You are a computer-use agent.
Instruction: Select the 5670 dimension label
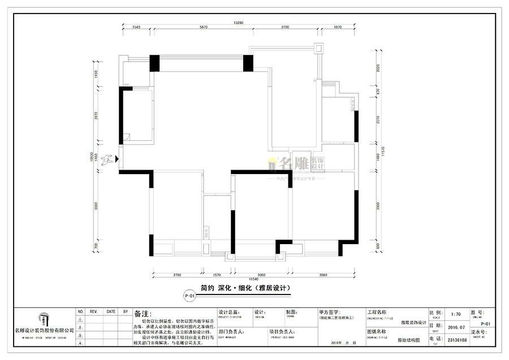tap(204, 28)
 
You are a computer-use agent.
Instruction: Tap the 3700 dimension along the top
tap(284, 28)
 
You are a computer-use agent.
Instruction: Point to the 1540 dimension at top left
tap(136, 28)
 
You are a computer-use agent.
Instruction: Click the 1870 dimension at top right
tap(338, 28)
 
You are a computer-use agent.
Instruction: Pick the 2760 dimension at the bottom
tap(176, 275)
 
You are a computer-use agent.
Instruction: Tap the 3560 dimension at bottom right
tap(323, 275)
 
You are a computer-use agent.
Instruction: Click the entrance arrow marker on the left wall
tap(117, 159)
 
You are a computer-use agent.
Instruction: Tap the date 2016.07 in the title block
tap(456, 326)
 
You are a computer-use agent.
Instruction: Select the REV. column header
tap(94, 311)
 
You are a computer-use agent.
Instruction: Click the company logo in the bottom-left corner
tap(44, 319)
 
